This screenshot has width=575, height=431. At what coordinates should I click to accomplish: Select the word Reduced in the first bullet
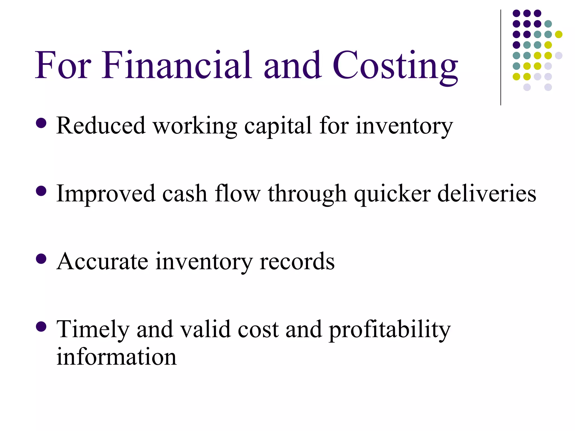[101, 125]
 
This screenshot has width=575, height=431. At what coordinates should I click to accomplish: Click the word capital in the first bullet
[278, 126]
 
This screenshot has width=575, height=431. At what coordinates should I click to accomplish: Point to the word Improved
[106, 194]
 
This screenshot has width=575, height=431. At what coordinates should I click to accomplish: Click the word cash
[184, 194]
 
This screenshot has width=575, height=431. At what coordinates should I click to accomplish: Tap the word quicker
[392, 194]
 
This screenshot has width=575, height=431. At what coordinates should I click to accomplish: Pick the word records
[297, 262]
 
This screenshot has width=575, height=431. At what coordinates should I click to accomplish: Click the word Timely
[93, 329]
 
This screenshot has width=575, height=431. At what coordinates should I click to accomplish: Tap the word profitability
[390, 330]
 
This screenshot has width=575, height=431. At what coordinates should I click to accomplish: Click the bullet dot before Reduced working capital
[41, 123]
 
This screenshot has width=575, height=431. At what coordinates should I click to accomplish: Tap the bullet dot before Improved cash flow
[41, 191]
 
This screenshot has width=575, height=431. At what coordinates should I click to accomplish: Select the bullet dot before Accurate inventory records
[41, 259]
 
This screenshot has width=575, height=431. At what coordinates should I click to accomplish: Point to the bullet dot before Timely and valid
[41, 326]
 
